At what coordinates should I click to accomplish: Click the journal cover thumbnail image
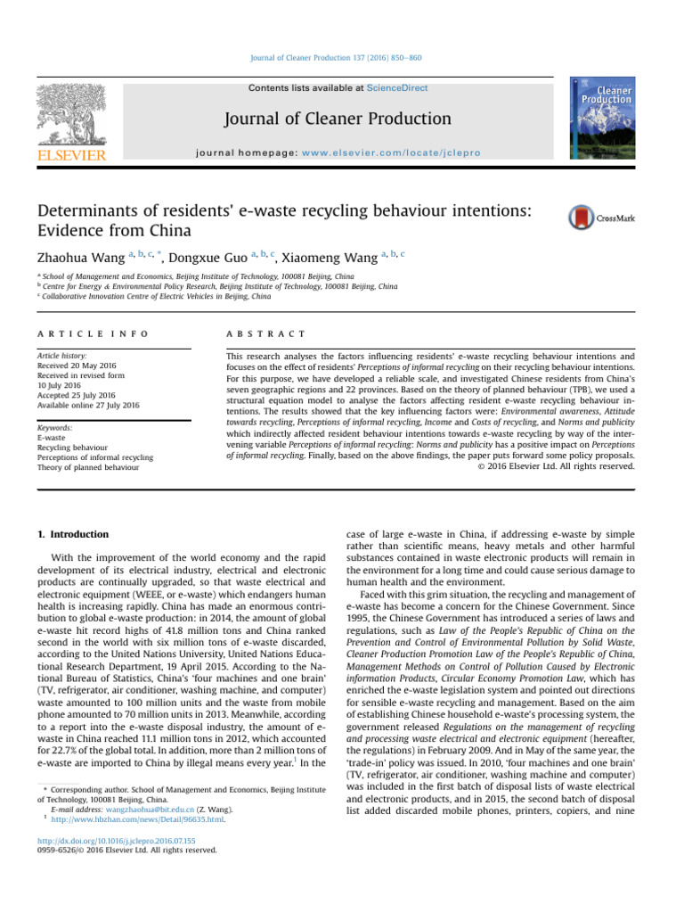607,119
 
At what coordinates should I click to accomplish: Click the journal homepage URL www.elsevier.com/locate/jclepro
404,153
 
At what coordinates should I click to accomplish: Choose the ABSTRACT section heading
266,333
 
